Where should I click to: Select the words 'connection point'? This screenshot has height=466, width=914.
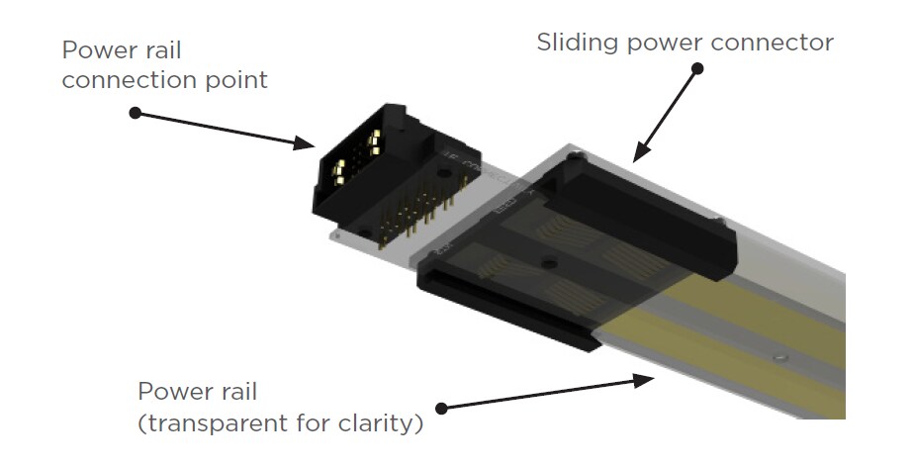164,80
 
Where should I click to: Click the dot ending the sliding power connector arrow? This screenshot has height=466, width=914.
697,69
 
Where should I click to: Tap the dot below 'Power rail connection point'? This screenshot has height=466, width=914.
136,113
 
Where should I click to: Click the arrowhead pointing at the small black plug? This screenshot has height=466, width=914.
306,144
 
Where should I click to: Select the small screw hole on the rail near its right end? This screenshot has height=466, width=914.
781,355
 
